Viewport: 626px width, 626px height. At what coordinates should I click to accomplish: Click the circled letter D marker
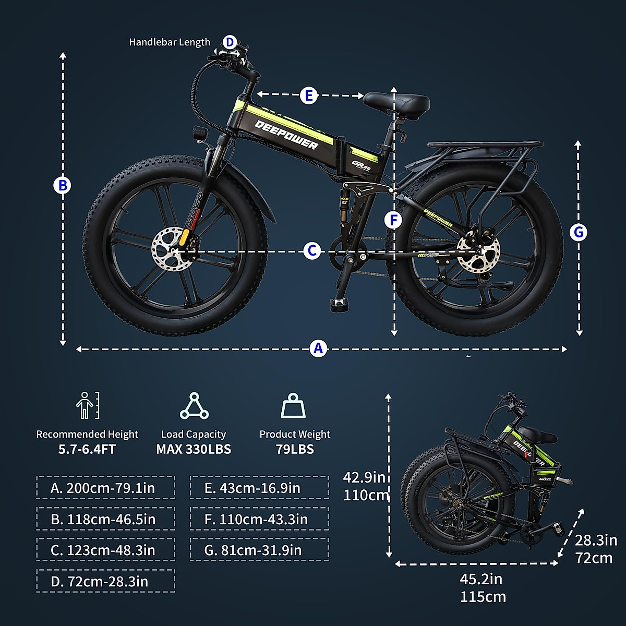[x=230, y=42]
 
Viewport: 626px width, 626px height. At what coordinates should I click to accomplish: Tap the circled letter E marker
[x=309, y=95]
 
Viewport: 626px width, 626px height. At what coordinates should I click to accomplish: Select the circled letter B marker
[x=62, y=185]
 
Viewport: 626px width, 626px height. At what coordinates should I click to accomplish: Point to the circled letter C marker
[x=312, y=251]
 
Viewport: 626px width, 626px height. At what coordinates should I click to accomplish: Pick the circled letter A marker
[x=318, y=348]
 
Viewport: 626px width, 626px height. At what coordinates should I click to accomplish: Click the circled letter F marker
[x=394, y=220]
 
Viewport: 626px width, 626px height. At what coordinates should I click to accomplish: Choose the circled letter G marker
[x=578, y=232]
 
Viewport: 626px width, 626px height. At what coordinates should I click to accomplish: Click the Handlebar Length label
[x=170, y=42]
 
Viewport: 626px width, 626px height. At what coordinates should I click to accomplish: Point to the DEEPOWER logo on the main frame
[x=286, y=135]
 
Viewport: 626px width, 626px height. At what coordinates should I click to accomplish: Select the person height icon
[x=87, y=406]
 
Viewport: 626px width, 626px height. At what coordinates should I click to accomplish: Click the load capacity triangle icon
[x=194, y=407]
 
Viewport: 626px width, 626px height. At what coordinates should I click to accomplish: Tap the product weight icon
[x=293, y=406]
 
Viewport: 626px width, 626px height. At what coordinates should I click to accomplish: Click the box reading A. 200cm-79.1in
[x=105, y=488]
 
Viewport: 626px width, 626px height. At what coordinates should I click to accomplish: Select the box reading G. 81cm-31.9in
[x=259, y=550]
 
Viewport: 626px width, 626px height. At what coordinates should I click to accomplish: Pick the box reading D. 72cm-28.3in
[x=105, y=581]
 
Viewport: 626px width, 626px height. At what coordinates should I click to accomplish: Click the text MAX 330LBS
[x=194, y=449]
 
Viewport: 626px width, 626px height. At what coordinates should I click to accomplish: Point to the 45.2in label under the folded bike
[x=480, y=579]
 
